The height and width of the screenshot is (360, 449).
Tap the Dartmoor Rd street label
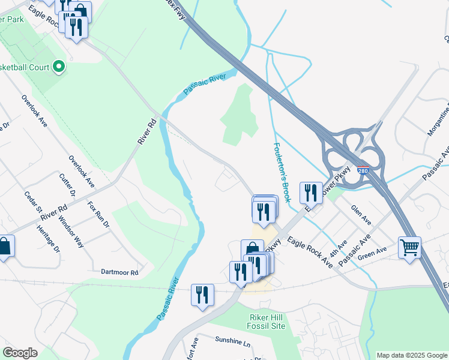pos(119,272)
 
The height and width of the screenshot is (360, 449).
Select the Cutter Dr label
pos(67,185)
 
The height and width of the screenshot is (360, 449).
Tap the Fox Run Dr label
pos(98,215)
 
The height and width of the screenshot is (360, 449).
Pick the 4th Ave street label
pos(339,246)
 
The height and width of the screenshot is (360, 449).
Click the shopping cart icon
pos(409,246)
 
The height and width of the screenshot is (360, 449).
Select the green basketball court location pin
pos(59,67)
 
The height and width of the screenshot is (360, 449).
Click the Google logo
pos(20,353)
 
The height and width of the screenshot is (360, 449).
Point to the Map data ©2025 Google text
pos(411,355)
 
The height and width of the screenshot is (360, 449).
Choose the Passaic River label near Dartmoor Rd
pos(167,298)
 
